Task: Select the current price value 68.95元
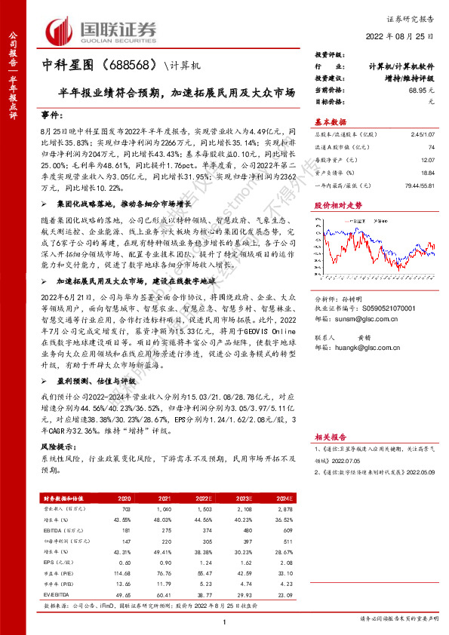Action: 420,89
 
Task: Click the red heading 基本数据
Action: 330,121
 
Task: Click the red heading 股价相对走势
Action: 338,204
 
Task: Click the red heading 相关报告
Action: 330,436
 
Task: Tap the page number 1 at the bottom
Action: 224,621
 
